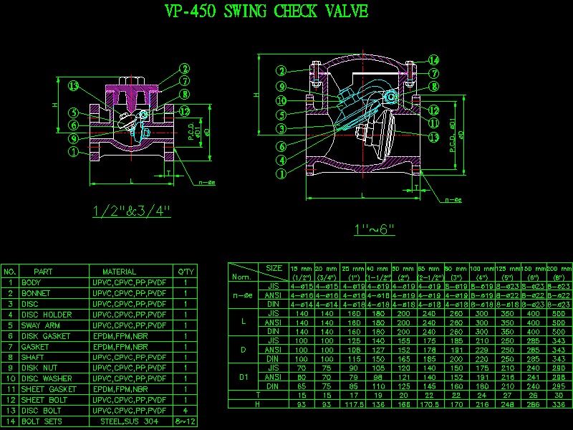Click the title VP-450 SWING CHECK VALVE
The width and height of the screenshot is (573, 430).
pos(266,11)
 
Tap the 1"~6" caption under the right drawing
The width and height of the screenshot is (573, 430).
pos(374,229)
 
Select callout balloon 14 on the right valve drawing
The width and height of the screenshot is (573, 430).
pos(434,60)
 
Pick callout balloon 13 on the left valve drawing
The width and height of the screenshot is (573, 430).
pos(73,86)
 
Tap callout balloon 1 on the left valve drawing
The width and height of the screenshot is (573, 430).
pos(73,152)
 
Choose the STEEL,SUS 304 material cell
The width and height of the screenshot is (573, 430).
pos(130,421)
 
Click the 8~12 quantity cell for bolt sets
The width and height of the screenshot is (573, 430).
pos(186,421)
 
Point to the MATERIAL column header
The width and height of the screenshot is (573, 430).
pos(119,272)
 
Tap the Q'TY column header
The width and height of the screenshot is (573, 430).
pos(186,272)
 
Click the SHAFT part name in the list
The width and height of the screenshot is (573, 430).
pos(34,357)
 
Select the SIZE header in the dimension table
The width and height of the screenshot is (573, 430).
pos(274,267)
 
